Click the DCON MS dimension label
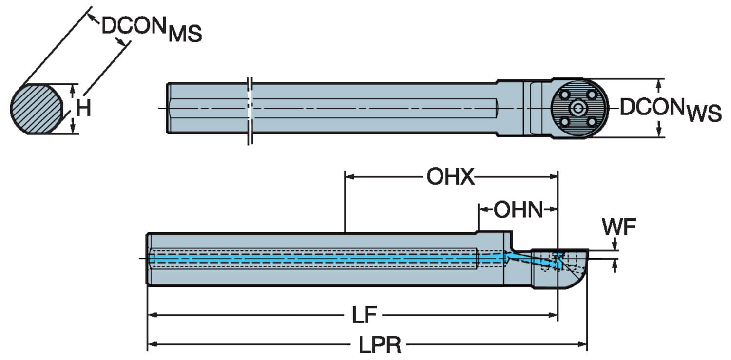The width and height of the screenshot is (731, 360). [x=151, y=30]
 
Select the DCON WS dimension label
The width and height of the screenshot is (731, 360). [x=671, y=110]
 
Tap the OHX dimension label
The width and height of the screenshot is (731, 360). [x=450, y=177]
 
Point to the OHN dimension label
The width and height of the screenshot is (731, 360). [x=518, y=210]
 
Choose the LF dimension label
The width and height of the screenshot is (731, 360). [x=364, y=316]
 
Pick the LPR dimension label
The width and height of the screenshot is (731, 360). [x=380, y=345]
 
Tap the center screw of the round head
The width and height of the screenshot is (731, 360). [x=578, y=108]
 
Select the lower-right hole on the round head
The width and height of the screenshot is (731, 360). [x=592, y=121]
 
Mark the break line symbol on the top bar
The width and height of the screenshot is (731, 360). [x=250, y=110]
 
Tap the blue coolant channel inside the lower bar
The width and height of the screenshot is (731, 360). [x=312, y=259]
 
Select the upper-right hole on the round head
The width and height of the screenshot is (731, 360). [x=592, y=95]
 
